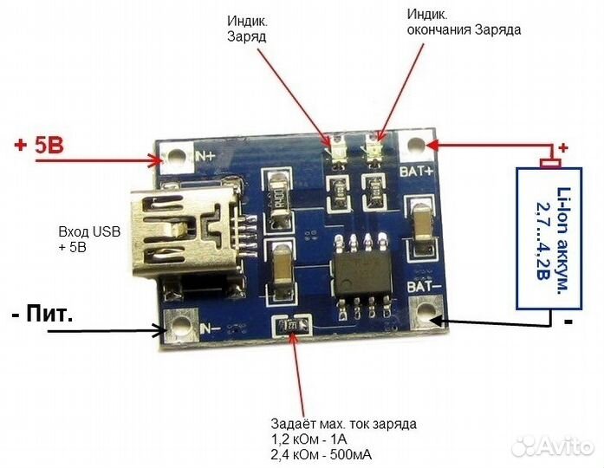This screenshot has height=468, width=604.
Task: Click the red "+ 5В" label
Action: tap(39, 146)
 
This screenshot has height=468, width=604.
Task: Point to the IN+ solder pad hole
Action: tap(177, 157)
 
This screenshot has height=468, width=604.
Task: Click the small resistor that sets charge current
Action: tap(289, 327)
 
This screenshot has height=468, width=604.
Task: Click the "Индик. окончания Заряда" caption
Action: tap(464, 22)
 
